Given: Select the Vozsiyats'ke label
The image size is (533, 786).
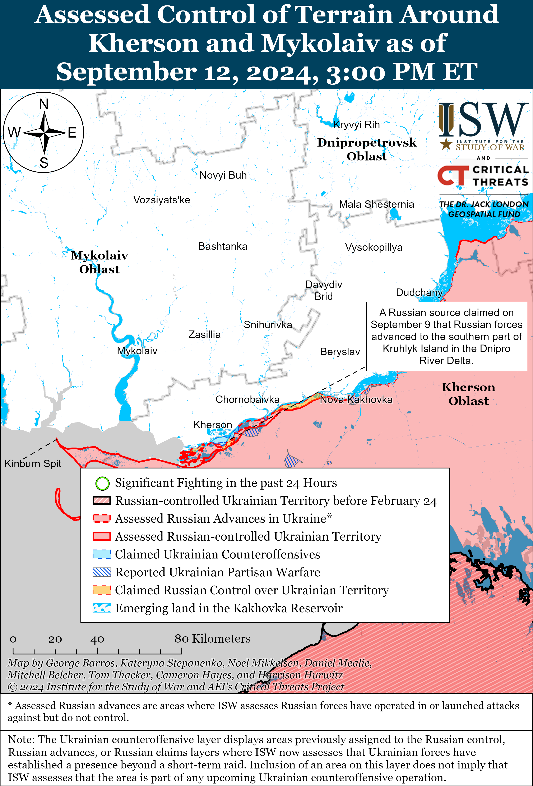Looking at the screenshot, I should point(162,200).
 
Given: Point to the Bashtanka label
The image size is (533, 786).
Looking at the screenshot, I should point(223,246).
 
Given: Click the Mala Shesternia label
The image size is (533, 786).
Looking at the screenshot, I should point(376,204).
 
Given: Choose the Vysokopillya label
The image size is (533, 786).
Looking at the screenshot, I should point(374,247).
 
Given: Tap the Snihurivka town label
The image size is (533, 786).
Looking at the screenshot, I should point(268,325).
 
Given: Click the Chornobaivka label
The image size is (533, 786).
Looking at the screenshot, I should point(247,399).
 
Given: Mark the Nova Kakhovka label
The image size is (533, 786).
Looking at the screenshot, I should point(356,399).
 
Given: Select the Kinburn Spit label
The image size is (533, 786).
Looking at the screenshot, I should point(33,463).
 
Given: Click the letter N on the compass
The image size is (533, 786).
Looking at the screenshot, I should point(44,104).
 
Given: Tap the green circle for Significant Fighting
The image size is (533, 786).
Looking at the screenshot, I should point(102,483).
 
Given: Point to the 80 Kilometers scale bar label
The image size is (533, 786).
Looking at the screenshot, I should point(212,639).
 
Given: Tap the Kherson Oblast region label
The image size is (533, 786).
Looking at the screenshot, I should point(468,394).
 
